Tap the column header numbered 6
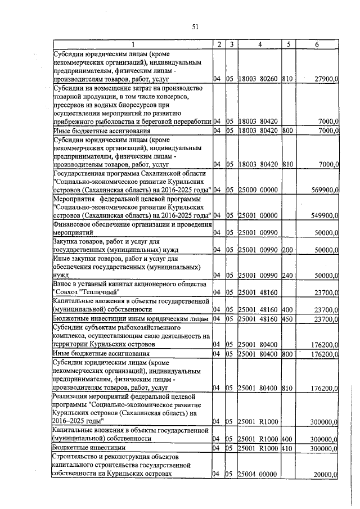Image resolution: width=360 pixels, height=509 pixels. click(x=318, y=44)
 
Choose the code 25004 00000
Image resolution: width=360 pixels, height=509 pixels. click(x=258, y=475)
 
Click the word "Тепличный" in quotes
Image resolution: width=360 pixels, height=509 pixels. click(x=89, y=292)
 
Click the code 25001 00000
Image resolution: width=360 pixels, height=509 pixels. click(x=258, y=215)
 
